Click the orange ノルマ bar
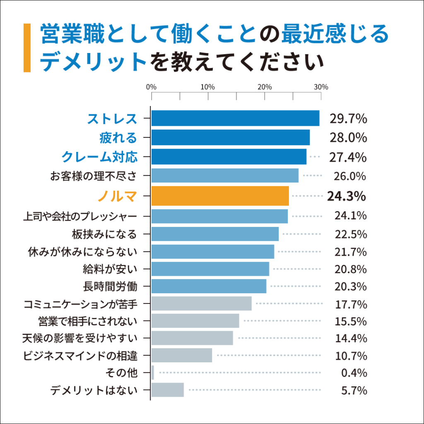220,196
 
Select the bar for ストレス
235,118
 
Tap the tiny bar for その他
153,373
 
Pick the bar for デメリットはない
167,390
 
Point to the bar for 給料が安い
210,269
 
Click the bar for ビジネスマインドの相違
181,355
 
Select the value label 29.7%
348,119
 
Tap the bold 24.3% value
346,196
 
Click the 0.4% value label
354,373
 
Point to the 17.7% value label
351,305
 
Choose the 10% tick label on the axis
207,87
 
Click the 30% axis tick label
321,87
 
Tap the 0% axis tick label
152,87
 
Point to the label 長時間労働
110,286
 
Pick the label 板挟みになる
104,234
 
